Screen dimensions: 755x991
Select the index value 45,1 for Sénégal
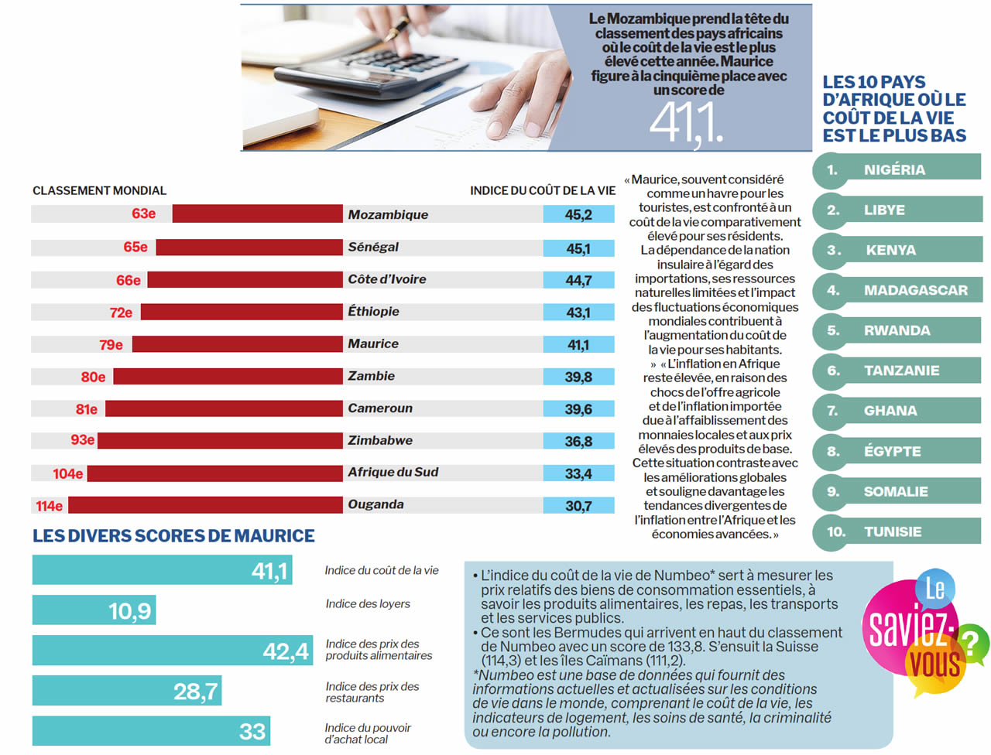578,248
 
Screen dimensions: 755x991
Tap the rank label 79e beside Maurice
111,344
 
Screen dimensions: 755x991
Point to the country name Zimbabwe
380,440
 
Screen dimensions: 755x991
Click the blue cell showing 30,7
578,506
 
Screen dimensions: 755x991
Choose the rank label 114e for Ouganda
49,506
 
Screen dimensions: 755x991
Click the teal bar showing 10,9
94,610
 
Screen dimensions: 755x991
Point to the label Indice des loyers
368,603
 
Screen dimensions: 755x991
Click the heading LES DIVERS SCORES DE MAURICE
173,535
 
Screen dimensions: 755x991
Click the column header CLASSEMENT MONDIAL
99,190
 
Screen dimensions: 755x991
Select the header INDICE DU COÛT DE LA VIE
543,190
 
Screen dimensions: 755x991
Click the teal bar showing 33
151,731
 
